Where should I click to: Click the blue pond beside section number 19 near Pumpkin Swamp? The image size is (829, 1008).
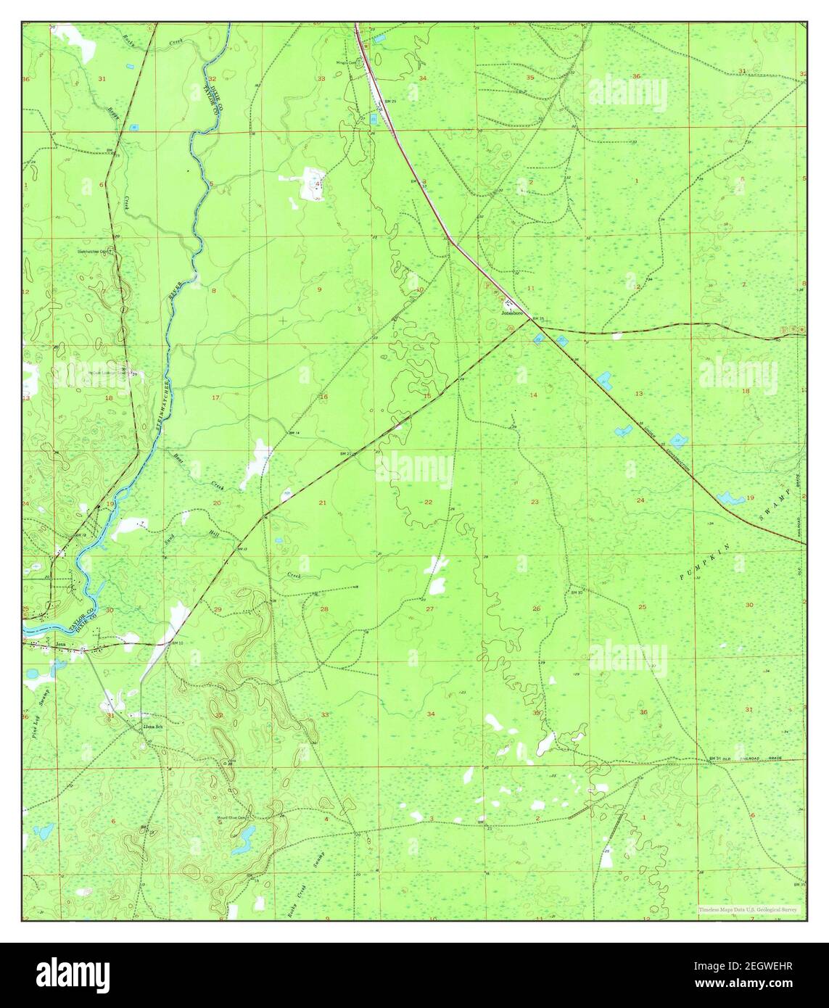tap(727, 498)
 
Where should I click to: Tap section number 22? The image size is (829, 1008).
tap(428, 502)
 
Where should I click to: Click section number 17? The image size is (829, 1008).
tap(215, 398)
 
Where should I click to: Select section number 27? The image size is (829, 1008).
tap(429, 608)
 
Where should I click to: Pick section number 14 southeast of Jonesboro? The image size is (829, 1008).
tap(534, 394)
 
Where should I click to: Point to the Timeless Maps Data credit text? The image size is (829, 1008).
tap(748, 909)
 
